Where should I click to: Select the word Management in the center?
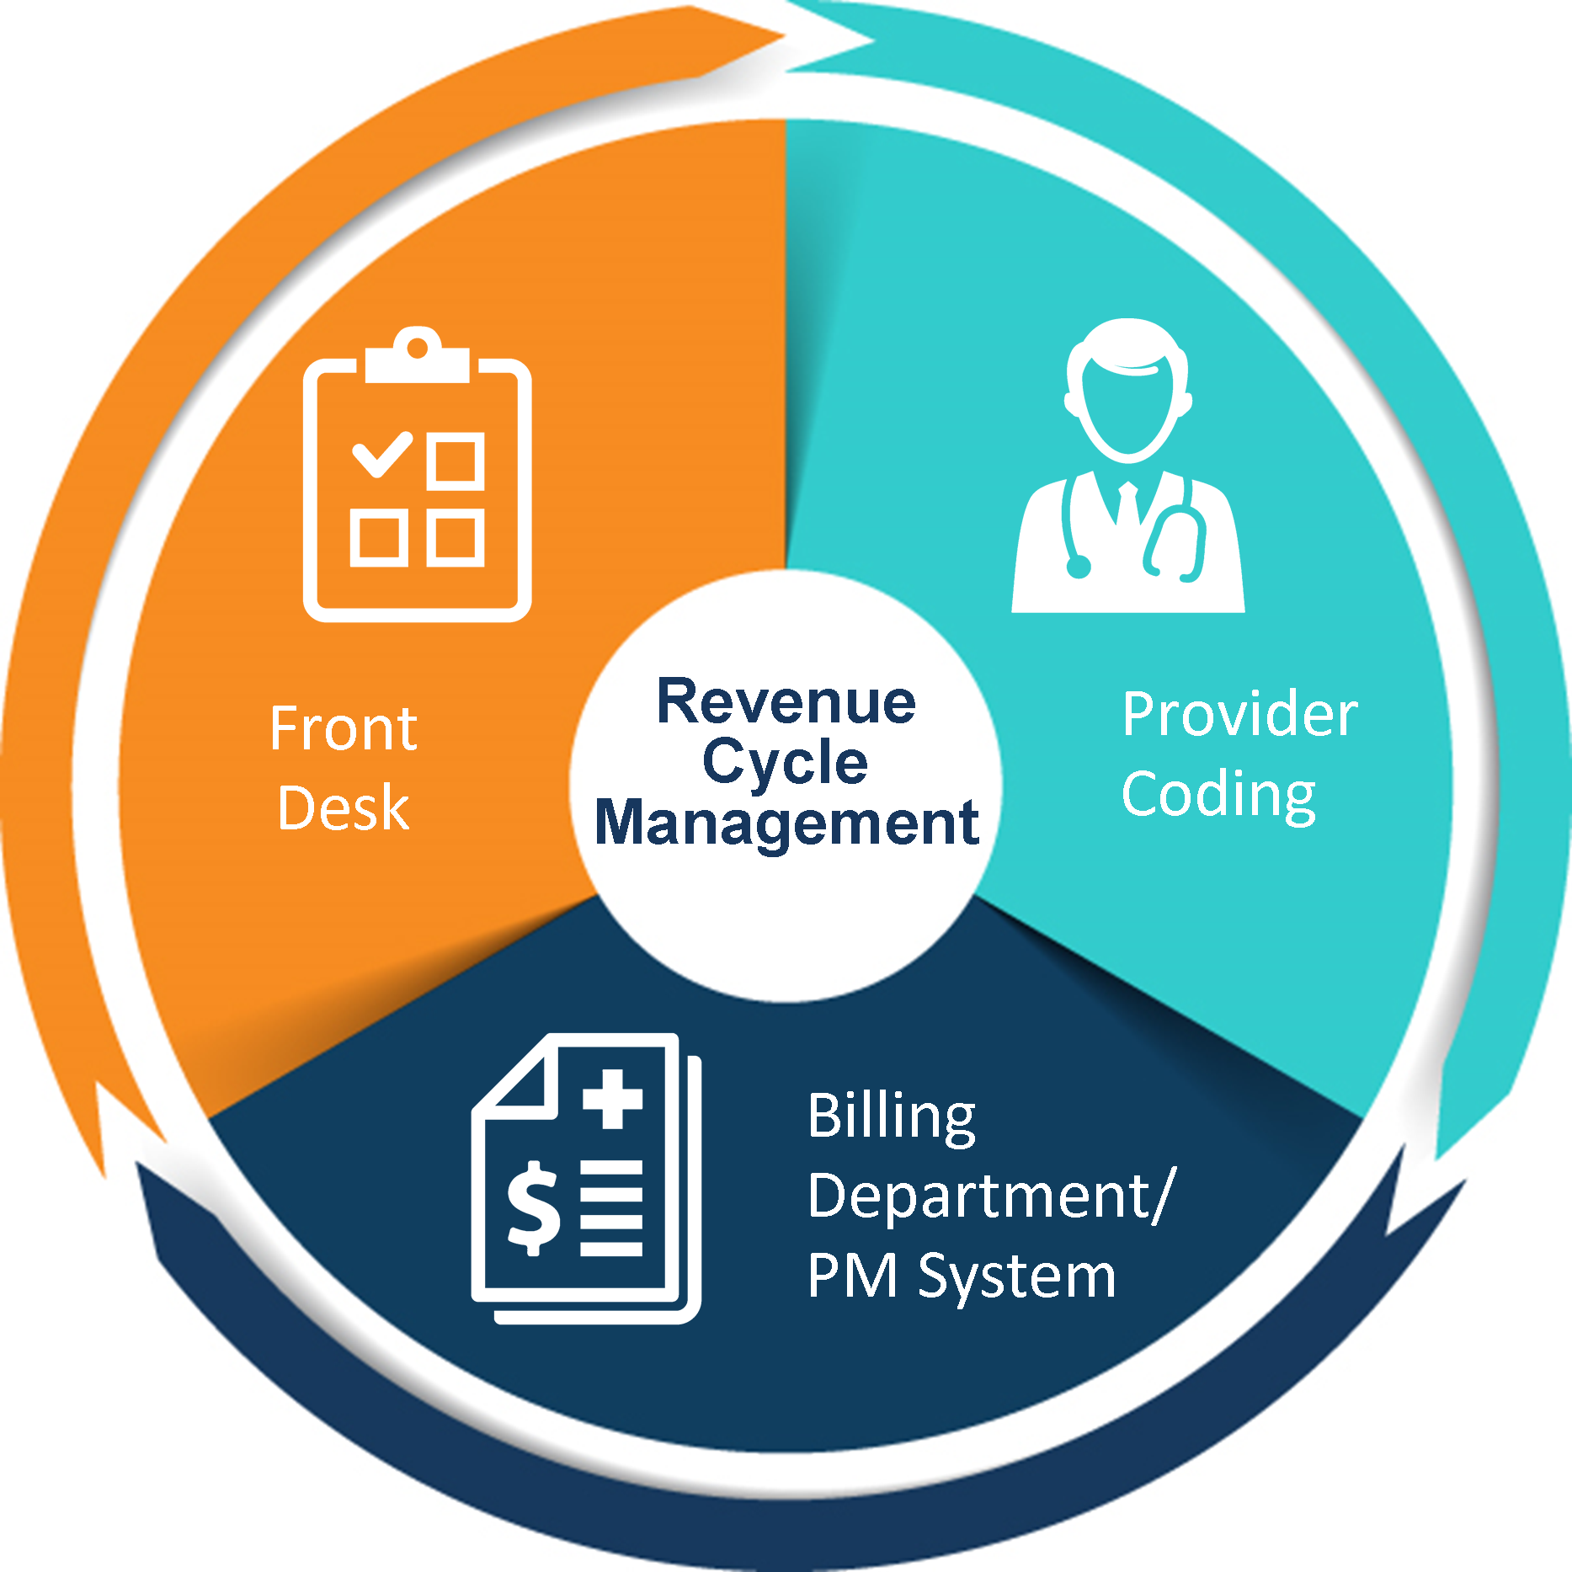[x=786, y=823]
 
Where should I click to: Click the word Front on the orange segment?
[x=344, y=728]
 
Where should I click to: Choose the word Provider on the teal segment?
[x=1239, y=715]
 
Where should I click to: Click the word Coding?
[x=1218, y=796]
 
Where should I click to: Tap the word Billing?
[x=892, y=1116]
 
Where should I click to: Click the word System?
[x=1017, y=1277]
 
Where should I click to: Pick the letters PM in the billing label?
[x=852, y=1276]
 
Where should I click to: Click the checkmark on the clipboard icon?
[x=381, y=454]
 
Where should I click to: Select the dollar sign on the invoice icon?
[x=533, y=1207]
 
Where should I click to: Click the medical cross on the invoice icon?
[x=613, y=1099]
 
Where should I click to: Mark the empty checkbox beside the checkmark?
[x=456, y=461]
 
